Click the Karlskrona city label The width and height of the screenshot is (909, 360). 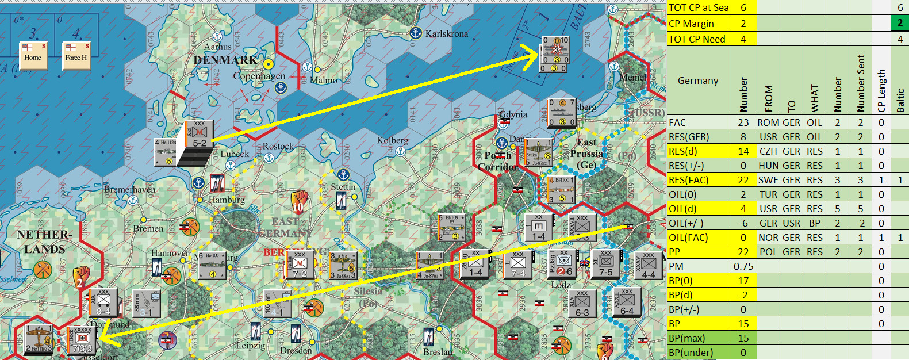pyautogui.click(x=446, y=34)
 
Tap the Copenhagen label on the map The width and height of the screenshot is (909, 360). pyautogui.click(x=259, y=76)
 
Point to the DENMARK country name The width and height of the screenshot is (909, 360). pyautogui.click(x=225, y=60)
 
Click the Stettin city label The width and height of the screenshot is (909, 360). pyautogui.click(x=343, y=187)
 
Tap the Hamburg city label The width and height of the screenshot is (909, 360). pyautogui.click(x=227, y=200)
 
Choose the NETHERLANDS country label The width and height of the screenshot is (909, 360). pyautogui.click(x=44, y=242)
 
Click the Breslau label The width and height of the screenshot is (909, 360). pyautogui.click(x=438, y=351)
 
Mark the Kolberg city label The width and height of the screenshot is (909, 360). pyautogui.click(x=393, y=140)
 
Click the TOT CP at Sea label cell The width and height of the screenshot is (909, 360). pyautogui.click(x=698, y=7)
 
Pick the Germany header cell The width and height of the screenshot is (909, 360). pyautogui.click(x=698, y=81)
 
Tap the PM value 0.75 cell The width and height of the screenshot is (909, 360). pyautogui.click(x=743, y=266)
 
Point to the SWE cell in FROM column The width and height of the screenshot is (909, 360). pyautogui.click(x=768, y=180)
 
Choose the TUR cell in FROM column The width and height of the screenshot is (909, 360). pyautogui.click(x=768, y=194)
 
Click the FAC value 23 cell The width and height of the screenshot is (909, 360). pyautogui.click(x=743, y=122)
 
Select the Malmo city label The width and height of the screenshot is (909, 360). pyautogui.click(x=324, y=81)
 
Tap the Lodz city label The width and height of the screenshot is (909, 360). pyautogui.click(x=561, y=285)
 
